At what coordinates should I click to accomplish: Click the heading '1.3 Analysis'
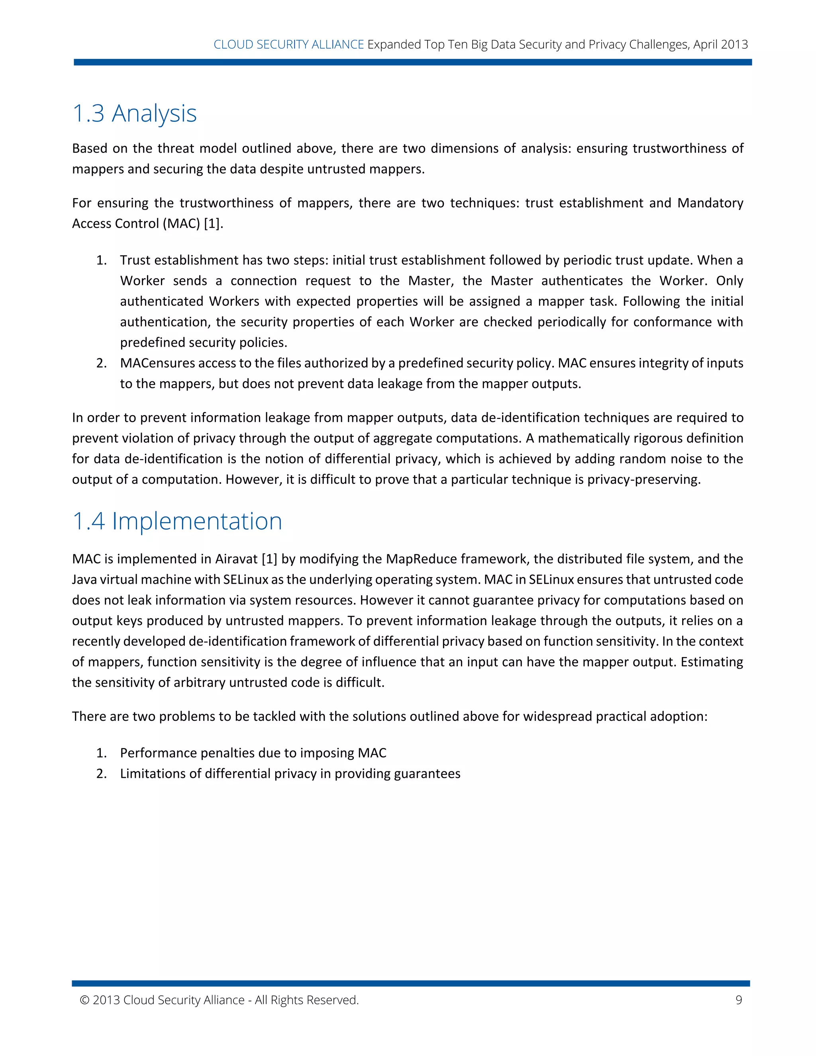tap(134, 114)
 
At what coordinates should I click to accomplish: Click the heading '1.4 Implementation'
tap(177, 521)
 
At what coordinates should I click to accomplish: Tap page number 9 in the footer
tap(738, 1000)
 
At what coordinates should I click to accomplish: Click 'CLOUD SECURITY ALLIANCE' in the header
tap(288, 45)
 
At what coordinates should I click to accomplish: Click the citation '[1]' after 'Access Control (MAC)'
tap(213, 224)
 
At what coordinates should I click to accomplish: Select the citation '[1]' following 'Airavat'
tap(269, 559)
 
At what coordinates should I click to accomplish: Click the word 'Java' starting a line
tap(84, 580)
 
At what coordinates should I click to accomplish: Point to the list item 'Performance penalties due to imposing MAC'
tap(253, 753)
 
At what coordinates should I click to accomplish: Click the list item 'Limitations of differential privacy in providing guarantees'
tap(290, 773)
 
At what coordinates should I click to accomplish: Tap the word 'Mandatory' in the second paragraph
tap(710, 203)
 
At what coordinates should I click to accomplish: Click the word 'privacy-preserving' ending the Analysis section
tap(643, 480)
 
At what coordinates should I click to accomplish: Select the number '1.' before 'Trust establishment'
tap(101, 260)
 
